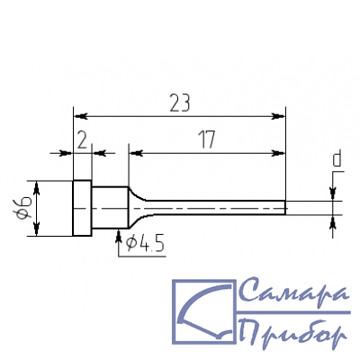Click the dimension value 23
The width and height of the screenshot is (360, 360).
tap(180, 103)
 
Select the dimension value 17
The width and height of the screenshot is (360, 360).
tap(208, 139)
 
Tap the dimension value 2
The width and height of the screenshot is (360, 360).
tap(82, 139)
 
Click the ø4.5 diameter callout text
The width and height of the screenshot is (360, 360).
tap(145, 244)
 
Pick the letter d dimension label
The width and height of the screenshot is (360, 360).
tap(337, 159)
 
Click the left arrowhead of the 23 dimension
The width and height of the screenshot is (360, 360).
tap(80, 116)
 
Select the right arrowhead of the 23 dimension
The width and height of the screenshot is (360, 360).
tap(278, 116)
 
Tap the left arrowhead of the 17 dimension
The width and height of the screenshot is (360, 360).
tap(135, 153)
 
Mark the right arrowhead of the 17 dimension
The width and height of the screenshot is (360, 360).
tap(278, 153)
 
